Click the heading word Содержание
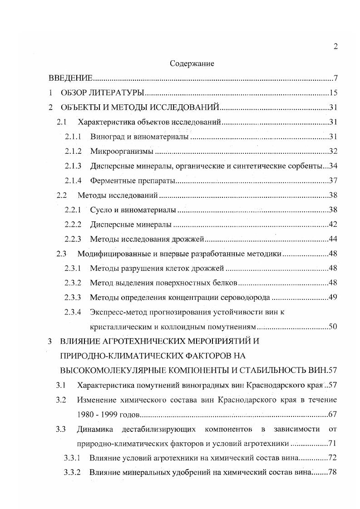(192, 64)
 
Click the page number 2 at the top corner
(335, 47)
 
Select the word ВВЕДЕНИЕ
(71, 78)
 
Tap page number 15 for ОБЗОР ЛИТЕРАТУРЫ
(333, 93)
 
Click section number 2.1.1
(73, 137)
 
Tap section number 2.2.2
(73, 225)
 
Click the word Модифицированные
(113, 254)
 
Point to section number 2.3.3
(73, 298)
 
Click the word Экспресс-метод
(117, 312)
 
